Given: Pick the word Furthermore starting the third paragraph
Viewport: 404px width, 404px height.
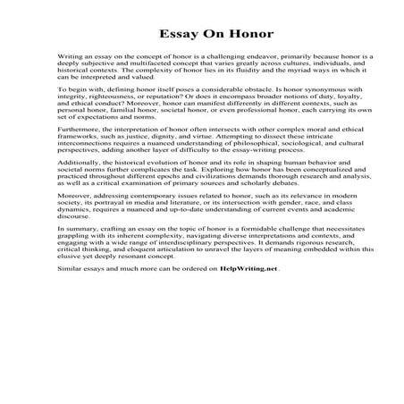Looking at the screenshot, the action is click(x=78, y=153).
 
